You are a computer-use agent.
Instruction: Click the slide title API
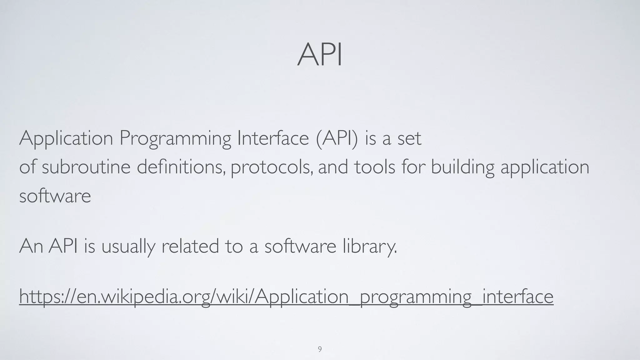coord(320,55)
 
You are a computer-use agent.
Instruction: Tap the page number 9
coord(320,349)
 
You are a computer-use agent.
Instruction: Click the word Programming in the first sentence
coord(175,138)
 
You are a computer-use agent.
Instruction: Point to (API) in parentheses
coord(337,138)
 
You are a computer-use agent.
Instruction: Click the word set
coord(409,138)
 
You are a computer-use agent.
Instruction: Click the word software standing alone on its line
coord(55,196)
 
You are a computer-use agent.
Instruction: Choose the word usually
coord(128,246)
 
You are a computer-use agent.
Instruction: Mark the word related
coord(190,246)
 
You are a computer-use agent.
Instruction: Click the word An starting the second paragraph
coord(31,246)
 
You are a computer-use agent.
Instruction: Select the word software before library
coord(300,246)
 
